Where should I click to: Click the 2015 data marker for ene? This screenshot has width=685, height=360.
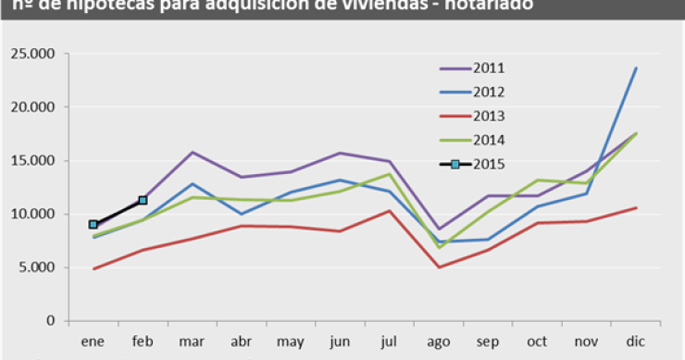coord(93,224)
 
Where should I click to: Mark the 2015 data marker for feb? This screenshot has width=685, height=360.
coord(143,200)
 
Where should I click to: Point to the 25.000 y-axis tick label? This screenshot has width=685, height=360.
coord(33,54)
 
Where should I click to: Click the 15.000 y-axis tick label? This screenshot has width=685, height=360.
coord(33,161)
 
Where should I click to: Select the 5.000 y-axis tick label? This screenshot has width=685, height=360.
coord(37,268)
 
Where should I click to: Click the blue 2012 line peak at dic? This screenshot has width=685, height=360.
coord(636,68)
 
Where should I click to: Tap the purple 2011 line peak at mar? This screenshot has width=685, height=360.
coord(192,152)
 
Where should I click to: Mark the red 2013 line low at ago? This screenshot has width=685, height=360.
coord(439,267)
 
